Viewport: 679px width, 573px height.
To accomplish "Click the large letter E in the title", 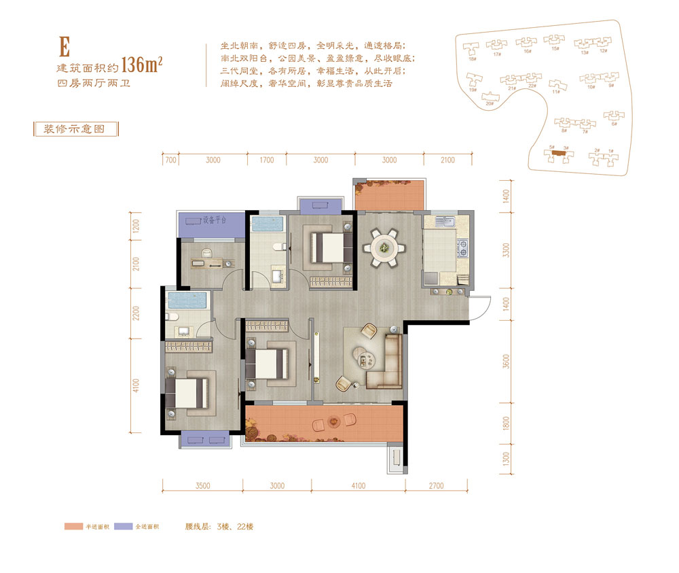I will point(65,46).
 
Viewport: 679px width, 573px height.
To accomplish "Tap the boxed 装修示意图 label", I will point(75,129).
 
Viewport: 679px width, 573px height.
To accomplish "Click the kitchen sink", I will point(447,222).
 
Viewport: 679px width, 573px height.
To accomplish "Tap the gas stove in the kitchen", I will point(464,249).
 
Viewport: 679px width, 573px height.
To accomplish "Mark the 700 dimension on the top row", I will point(170,160).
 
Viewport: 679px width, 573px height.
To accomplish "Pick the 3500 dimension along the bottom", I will point(202,485).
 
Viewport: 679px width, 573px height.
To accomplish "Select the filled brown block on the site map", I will point(558,154).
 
